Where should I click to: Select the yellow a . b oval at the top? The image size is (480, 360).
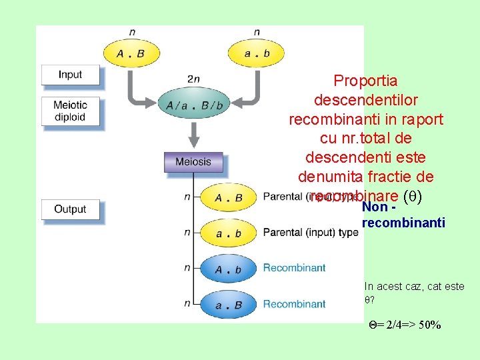pos(256,53)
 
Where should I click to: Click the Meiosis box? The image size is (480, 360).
pos(193,162)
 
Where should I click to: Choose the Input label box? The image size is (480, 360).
pos(70,75)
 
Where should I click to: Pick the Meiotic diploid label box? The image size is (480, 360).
pos(70,111)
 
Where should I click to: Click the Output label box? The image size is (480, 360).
pos(70,209)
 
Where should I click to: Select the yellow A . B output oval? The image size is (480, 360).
pos(228,197)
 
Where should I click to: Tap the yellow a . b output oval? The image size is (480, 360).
pos(228,233)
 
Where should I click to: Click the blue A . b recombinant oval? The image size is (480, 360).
pos(228,269)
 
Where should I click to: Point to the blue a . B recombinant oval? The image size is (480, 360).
pos(228,305)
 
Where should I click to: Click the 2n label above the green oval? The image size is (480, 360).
pos(193,79)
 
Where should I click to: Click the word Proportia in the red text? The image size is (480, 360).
pos(365,81)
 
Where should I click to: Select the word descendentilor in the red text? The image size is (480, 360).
pos(365,101)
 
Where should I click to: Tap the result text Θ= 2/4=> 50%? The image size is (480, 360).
pos(405,325)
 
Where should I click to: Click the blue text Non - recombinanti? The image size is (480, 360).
pos(403,216)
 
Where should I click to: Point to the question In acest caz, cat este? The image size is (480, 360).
pos(414,287)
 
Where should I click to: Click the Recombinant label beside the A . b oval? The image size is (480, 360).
pos(294,268)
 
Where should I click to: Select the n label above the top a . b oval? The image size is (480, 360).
pos(257,32)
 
